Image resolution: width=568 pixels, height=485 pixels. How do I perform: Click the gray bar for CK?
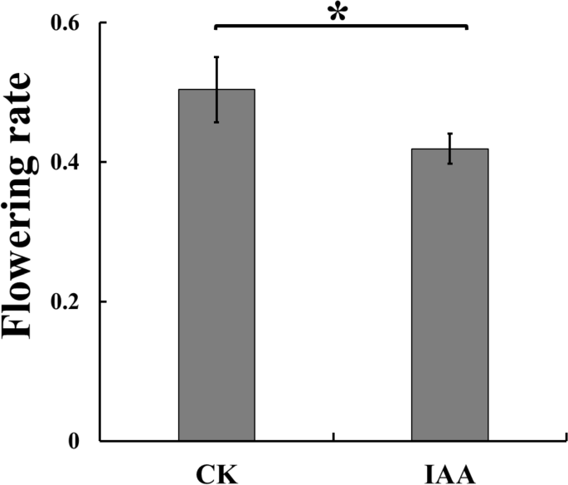[216, 266]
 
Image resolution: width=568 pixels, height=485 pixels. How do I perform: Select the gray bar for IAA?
[450, 295]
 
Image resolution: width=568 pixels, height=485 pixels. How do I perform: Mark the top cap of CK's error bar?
[216, 56]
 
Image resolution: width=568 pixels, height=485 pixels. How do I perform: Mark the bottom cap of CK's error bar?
[216, 122]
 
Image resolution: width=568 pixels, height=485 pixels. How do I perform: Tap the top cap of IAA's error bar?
[450, 133]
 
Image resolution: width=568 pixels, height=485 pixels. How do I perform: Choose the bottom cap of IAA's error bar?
[450, 164]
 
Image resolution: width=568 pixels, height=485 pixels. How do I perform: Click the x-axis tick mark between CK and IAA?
[333, 436]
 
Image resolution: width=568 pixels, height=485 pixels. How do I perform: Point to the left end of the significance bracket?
[216, 27]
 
